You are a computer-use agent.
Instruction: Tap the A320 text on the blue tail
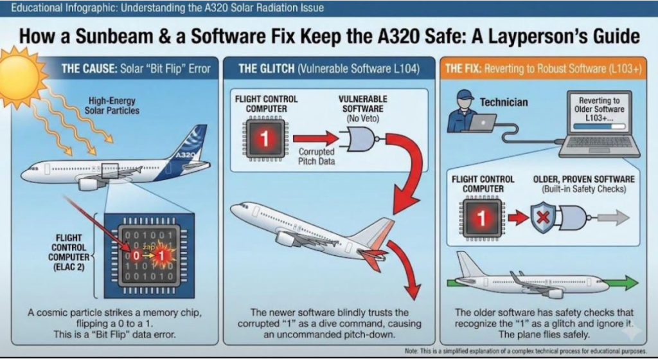186,155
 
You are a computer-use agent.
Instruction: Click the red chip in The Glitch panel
263,138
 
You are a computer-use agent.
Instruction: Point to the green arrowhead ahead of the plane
629,283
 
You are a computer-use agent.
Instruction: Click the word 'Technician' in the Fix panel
504,102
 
